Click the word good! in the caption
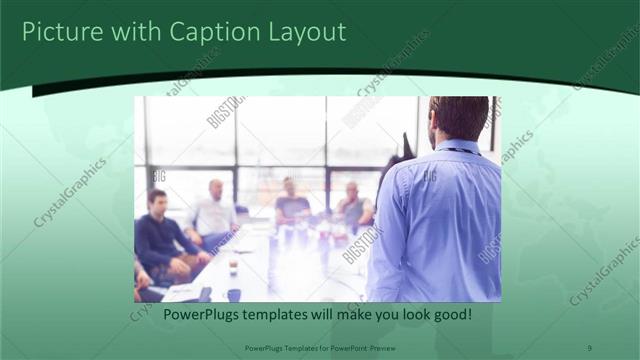[x=450, y=316]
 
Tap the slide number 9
[x=588, y=347]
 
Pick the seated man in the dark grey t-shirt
[x=291, y=208]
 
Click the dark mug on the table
[x=233, y=294]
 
